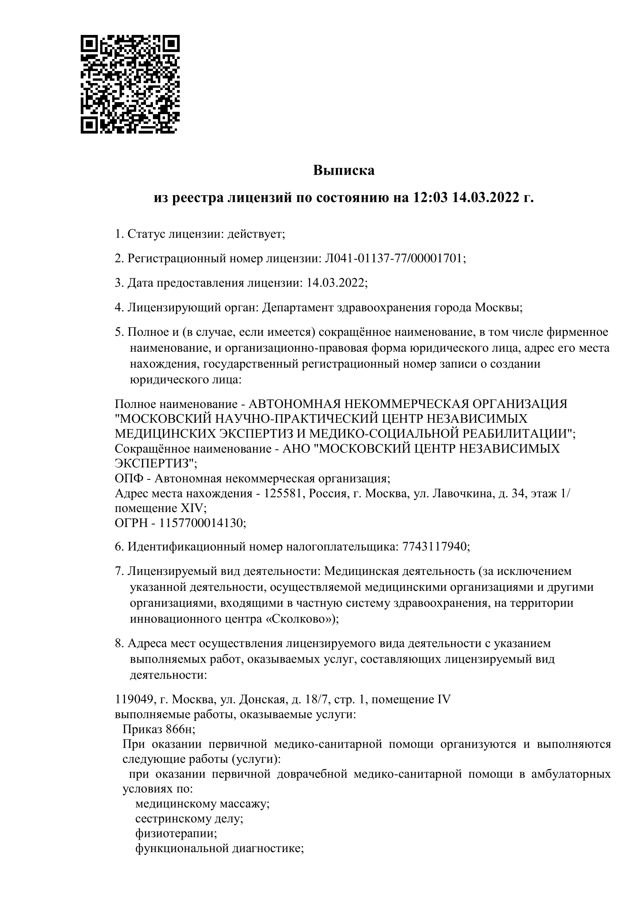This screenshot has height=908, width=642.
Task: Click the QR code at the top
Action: coord(130,84)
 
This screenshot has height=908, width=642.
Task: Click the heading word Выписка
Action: coord(344,170)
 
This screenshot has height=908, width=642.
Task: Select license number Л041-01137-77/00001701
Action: coord(393,259)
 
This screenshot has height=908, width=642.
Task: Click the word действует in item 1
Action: coord(256,234)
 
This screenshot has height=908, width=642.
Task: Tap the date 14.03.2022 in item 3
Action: coord(335,283)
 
